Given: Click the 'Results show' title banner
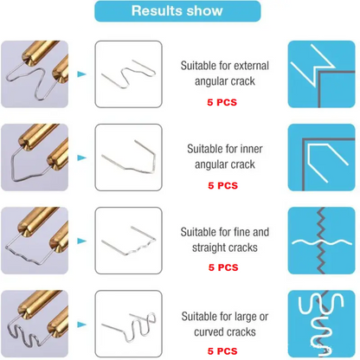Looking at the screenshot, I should tap(177, 12).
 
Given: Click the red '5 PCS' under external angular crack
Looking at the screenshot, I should tap(222, 102).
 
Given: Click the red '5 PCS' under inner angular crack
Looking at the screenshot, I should tap(222, 185).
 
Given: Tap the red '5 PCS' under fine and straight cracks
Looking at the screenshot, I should tap(222, 268).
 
